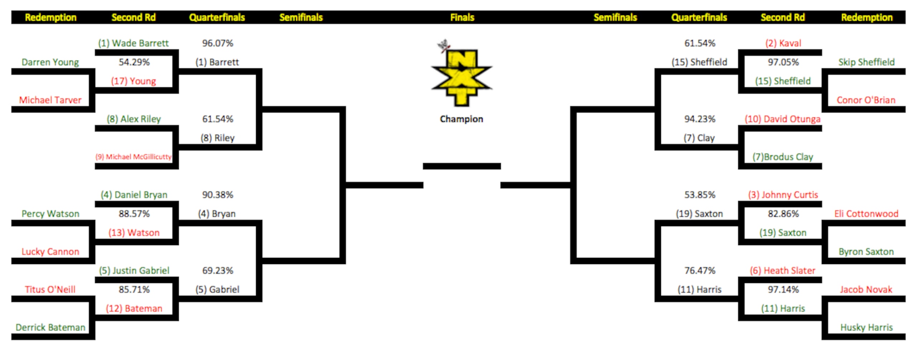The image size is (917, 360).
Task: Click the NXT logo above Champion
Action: [461, 73]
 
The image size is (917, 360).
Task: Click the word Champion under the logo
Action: [461, 119]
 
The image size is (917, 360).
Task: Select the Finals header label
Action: [462, 17]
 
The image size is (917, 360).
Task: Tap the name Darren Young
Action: [50, 62]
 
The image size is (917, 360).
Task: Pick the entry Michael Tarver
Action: [50, 100]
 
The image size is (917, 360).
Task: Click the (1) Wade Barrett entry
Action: [133, 43]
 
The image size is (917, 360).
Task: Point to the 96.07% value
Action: [217, 43]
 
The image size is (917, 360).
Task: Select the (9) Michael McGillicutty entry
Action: [133, 157]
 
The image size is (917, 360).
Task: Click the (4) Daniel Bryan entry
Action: [134, 195]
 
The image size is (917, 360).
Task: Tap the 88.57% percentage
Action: [134, 214]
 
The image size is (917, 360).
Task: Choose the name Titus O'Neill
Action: [50, 289]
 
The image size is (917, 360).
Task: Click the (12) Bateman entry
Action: [134, 308]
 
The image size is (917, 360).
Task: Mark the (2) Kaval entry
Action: [783, 43]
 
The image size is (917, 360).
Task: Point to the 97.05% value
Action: [783, 62]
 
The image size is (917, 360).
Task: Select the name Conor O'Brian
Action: [866, 100]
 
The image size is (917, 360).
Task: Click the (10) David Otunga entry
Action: [782, 119]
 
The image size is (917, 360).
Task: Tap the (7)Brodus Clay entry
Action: [783, 157]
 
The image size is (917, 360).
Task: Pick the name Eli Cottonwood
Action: [866, 214]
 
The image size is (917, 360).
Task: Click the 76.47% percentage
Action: [700, 270]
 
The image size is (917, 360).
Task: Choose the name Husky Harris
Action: [866, 327]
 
